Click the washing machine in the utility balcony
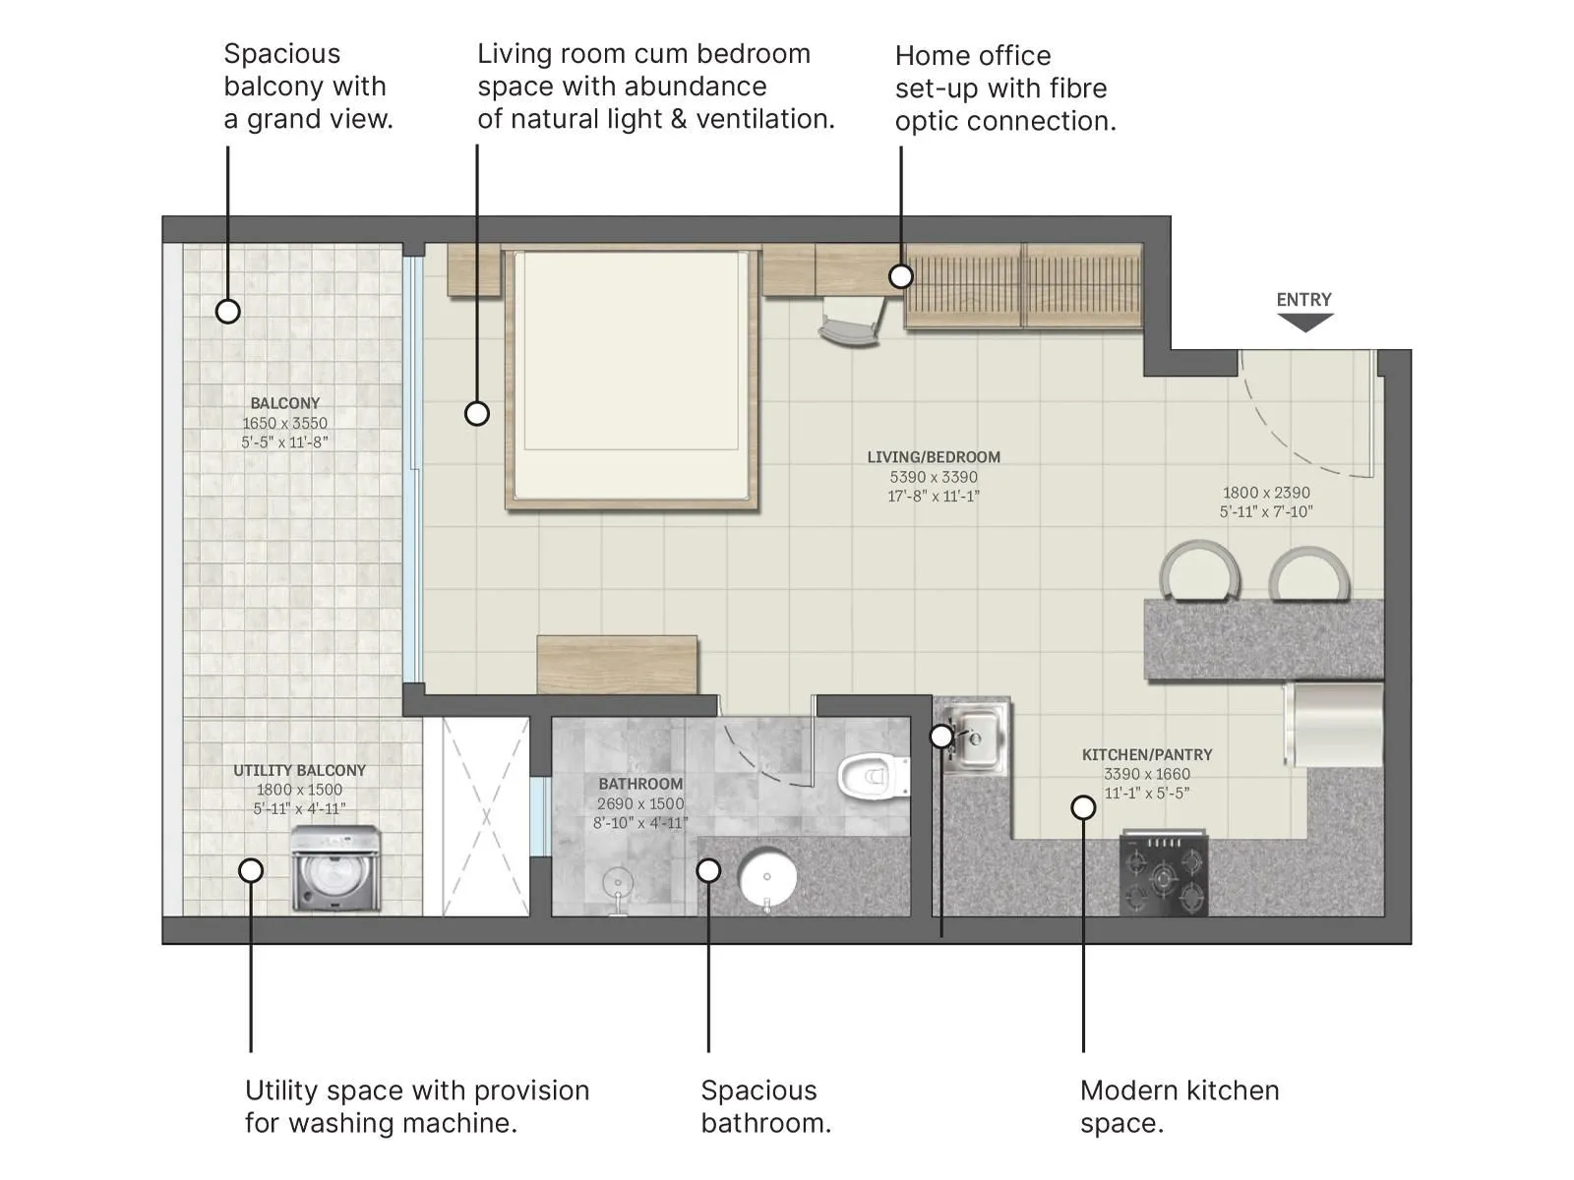point(336,869)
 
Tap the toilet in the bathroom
point(873,776)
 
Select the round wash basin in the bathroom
point(767,876)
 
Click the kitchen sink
point(973,737)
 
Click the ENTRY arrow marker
point(1304,323)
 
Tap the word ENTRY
point(1304,300)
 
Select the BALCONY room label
point(284,403)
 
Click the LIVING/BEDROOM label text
point(934,457)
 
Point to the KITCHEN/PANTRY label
point(1147,755)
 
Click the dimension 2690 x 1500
point(640,803)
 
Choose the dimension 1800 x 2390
point(1266,493)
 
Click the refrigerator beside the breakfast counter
point(1334,725)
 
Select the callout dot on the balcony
point(228,312)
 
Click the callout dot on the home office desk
point(901,276)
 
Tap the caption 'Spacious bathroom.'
point(766,1106)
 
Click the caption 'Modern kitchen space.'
point(1180,1106)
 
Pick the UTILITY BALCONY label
point(299,771)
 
